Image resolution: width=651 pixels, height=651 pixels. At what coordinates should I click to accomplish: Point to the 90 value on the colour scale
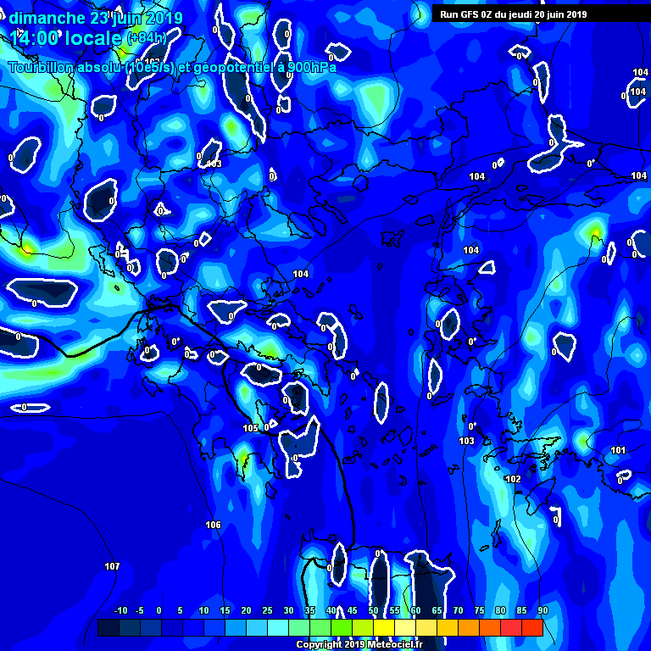point(542,610)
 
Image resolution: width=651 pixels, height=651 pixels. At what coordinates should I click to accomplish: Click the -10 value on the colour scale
point(120,610)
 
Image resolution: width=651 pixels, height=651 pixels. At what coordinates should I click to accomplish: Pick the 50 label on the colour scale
point(373,610)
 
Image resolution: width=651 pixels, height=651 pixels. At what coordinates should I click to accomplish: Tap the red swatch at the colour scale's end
point(531,627)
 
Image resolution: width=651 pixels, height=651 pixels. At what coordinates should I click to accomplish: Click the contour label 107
point(112,565)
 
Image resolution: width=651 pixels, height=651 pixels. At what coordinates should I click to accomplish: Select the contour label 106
point(213,525)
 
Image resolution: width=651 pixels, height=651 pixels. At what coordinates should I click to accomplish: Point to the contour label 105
point(250,428)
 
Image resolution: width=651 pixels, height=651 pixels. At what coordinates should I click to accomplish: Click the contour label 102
point(513,479)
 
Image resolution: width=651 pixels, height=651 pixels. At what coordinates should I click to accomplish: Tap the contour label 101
point(618,450)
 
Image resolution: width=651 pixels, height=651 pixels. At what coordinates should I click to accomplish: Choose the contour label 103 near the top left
point(214,164)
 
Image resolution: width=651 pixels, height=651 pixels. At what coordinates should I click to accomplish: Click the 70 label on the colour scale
point(458,610)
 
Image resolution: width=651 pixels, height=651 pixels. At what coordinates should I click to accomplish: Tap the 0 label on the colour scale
point(159,610)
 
